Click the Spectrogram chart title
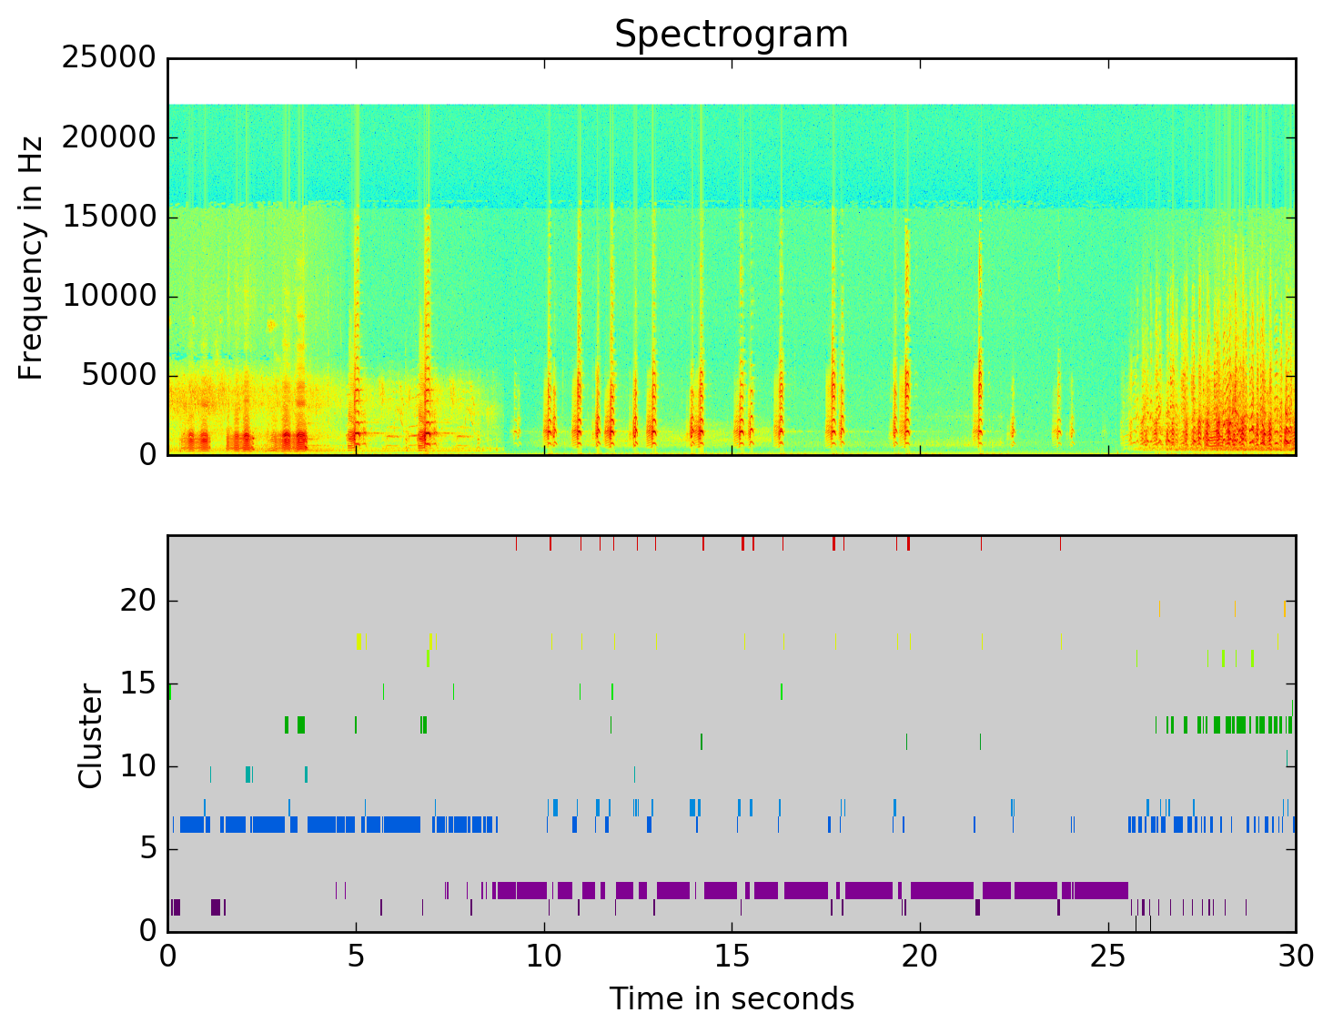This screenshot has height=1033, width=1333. pos(731,35)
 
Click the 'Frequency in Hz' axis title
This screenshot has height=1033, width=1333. pos(32,258)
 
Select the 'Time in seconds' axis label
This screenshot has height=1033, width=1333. pos(731,999)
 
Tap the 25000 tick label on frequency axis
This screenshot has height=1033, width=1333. pos(108,58)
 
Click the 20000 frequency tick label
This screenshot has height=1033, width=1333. pos(108,137)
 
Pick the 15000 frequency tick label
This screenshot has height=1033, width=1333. pos(108,217)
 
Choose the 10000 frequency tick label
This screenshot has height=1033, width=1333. pos(108,296)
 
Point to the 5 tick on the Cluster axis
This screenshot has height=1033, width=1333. pos(147,849)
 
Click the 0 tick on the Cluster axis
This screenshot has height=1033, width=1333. pos(147,931)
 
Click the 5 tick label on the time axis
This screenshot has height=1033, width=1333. pos(356,957)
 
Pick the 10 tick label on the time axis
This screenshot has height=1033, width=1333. pos(544,957)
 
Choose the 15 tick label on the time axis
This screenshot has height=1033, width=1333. pos(732,957)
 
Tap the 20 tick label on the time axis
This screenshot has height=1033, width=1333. pos(920,957)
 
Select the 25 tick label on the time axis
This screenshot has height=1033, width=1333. pos(1108,957)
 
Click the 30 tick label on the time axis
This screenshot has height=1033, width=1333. pos(1296,957)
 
